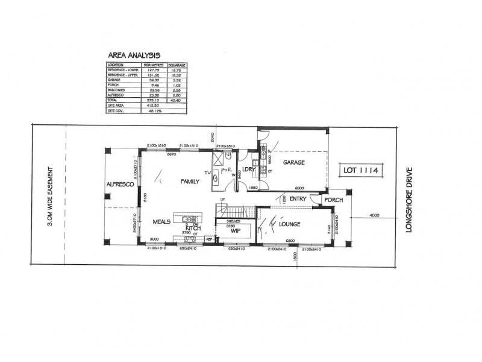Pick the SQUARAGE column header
tap(177, 64)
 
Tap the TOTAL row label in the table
tap(113, 99)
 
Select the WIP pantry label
tap(230, 230)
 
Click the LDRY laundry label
tap(248, 171)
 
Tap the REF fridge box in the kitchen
tap(210, 240)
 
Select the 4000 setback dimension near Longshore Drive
tap(375, 214)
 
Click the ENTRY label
tap(298, 198)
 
